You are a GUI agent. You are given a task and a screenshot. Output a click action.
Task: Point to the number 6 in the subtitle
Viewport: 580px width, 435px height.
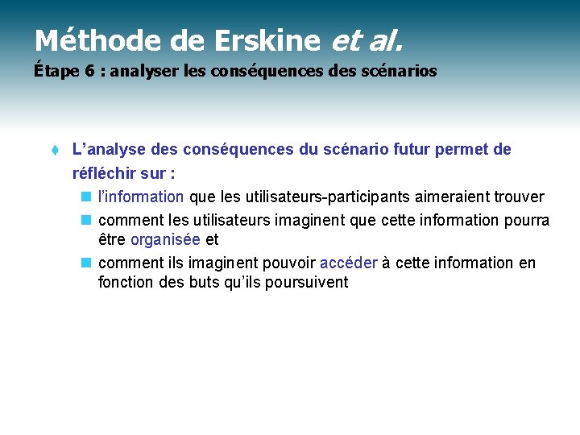click(89, 72)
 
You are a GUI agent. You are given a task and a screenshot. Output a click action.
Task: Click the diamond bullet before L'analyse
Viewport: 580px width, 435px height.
click(53, 151)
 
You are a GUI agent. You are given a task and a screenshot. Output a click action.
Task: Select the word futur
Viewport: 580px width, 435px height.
click(408, 150)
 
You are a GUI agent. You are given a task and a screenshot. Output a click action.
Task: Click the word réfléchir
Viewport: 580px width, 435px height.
click(103, 173)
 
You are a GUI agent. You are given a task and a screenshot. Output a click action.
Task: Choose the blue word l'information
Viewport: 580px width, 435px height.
click(141, 197)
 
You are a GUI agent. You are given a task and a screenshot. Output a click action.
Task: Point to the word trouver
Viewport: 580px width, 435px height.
click(516, 197)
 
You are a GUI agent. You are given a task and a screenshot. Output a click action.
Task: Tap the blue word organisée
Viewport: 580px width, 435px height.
click(165, 240)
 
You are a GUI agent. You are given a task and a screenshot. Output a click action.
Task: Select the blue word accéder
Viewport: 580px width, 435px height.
click(349, 263)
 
